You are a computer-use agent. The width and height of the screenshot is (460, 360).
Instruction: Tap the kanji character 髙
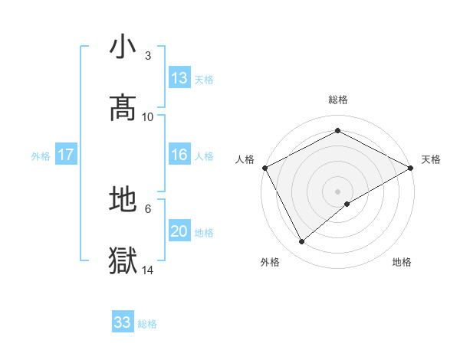click(123, 107)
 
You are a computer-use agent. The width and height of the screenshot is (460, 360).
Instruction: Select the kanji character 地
click(123, 200)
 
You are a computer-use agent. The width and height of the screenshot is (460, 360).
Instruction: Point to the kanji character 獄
click(123, 260)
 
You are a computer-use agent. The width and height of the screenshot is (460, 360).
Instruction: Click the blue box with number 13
click(179, 78)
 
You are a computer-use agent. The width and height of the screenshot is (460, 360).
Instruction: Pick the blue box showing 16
click(179, 155)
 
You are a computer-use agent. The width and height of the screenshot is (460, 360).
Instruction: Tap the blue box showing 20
click(179, 231)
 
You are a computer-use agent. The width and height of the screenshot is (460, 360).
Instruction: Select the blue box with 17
click(66, 155)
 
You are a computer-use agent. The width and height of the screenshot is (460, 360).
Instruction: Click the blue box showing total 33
click(123, 322)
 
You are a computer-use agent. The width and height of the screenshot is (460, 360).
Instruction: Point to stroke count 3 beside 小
click(148, 57)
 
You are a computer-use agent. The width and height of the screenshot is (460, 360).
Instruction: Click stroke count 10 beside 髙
click(148, 116)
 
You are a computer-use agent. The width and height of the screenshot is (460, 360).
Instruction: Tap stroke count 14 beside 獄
click(148, 270)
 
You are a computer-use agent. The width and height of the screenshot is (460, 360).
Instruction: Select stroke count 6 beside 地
click(148, 208)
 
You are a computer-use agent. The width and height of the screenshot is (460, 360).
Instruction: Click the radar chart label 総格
click(338, 100)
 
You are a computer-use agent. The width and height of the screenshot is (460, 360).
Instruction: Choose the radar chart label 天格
click(432, 159)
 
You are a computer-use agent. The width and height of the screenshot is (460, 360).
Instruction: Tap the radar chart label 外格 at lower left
click(270, 262)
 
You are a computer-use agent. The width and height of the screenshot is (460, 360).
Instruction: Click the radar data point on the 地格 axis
click(347, 204)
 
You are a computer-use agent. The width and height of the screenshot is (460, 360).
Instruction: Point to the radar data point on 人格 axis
click(264, 168)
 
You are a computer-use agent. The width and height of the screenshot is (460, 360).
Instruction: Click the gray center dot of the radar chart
click(337, 191)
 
